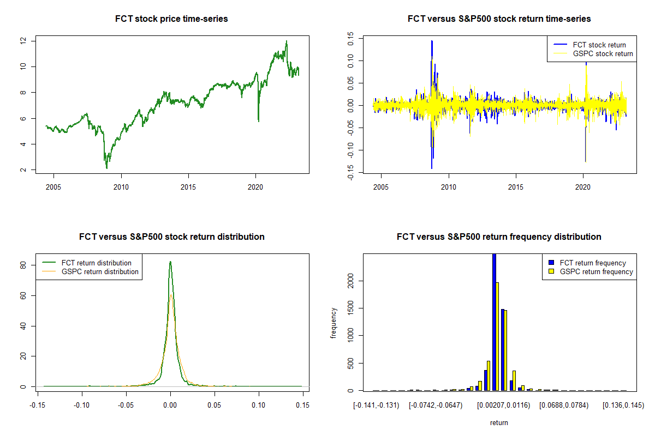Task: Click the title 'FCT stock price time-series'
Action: pos(171,19)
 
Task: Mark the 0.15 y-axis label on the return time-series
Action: pos(350,39)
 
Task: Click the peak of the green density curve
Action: pos(170,262)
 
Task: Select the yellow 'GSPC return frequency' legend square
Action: pos(551,271)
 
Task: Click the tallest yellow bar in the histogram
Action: pos(497,336)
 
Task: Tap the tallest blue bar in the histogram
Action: pos(494,322)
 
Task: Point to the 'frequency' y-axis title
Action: pos(334,323)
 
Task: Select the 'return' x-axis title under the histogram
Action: pos(499,422)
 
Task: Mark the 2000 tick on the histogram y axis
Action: pos(350,281)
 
